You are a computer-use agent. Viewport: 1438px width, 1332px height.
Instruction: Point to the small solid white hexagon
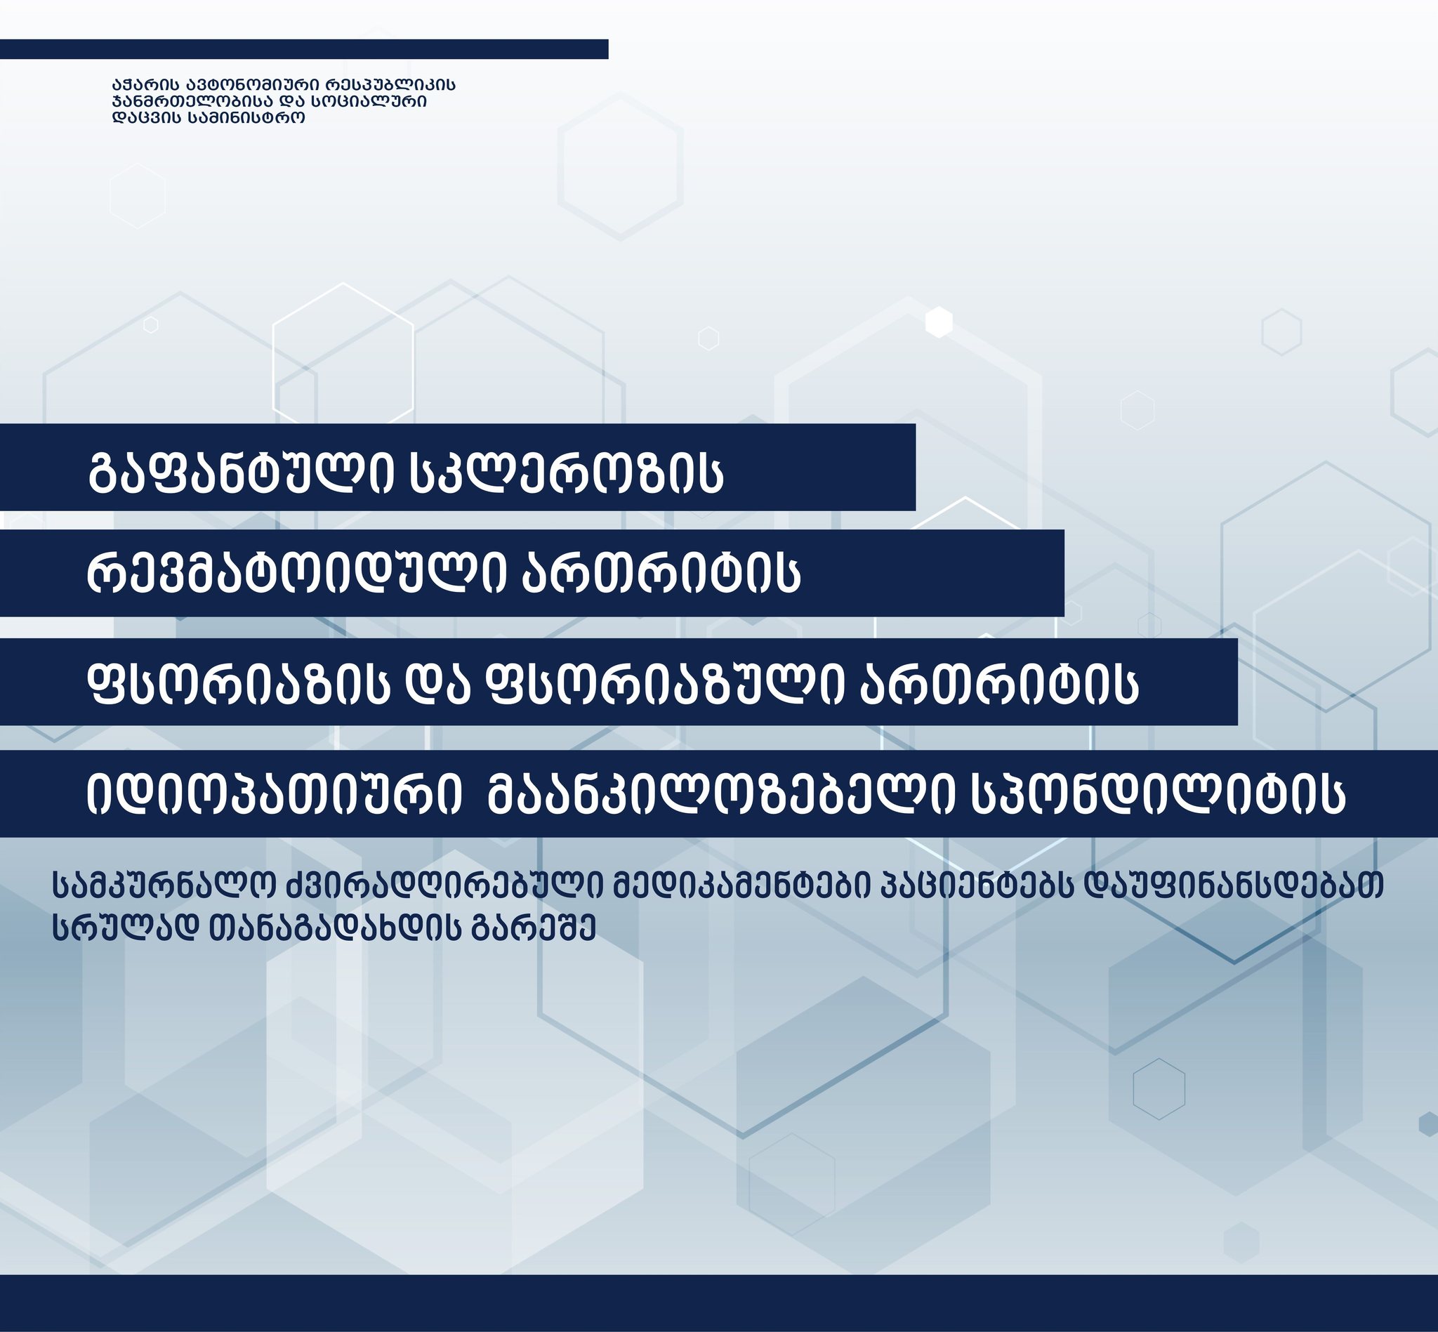(x=939, y=322)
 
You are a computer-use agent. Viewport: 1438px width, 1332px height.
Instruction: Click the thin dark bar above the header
(x=304, y=49)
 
